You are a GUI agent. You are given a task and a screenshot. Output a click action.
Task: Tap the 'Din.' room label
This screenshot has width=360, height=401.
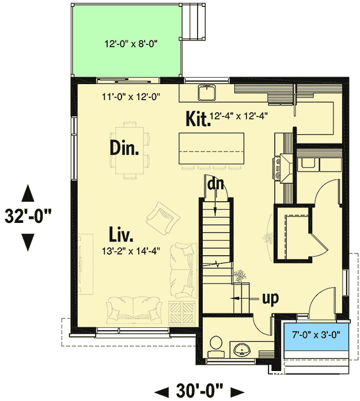(124, 149)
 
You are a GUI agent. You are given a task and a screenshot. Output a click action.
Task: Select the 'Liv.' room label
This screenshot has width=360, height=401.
(122, 234)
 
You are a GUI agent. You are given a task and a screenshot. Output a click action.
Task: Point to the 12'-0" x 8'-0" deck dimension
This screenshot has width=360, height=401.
(127, 44)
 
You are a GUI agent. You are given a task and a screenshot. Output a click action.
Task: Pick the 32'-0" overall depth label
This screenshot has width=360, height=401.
(28, 217)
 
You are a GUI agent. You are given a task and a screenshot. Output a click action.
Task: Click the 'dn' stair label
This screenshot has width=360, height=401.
(216, 184)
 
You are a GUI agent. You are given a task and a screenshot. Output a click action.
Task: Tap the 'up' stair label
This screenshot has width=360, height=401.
(270, 298)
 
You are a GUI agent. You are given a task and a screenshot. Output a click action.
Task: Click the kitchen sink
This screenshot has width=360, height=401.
(206, 92)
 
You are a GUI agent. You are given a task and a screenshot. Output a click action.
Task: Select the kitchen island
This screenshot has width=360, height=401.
(211, 149)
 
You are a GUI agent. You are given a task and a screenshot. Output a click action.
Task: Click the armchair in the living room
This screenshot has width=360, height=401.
(161, 218)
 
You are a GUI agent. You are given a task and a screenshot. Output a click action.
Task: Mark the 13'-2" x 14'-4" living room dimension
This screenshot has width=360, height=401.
(130, 251)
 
